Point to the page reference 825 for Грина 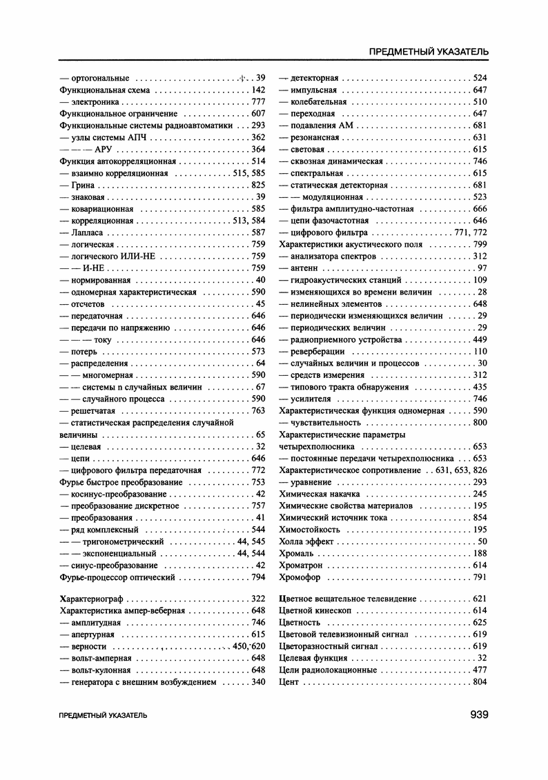[x=259, y=185]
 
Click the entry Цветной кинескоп [x=315, y=610]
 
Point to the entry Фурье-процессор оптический [x=118, y=577]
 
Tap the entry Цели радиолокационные [x=327, y=670]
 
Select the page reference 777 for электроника [x=259, y=101]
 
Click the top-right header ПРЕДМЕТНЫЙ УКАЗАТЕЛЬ [x=429, y=52]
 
